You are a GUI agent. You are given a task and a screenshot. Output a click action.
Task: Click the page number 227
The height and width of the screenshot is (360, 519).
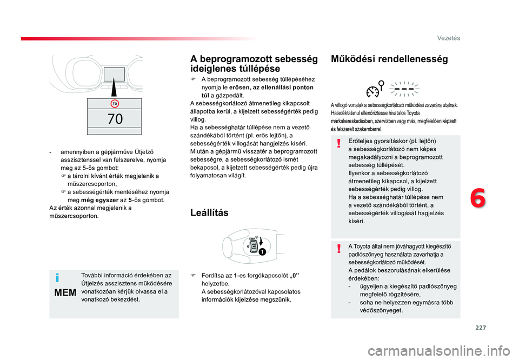[481, 328]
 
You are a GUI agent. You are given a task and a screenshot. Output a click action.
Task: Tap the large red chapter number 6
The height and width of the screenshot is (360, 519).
[478, 198]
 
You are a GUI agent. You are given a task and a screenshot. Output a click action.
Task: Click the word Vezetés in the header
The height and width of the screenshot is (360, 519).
[449, 38]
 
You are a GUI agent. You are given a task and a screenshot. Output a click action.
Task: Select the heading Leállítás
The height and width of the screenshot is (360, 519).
[209, 212]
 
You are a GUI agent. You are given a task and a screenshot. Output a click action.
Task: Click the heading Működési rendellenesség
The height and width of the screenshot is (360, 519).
[389, 59]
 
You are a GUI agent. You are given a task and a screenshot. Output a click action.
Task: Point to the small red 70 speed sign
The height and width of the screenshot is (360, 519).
[115, 104]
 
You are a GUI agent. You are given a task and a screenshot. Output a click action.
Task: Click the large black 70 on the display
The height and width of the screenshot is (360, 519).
[115, 119]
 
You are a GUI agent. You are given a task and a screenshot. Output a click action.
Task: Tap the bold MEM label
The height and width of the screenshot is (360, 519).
[65, 293]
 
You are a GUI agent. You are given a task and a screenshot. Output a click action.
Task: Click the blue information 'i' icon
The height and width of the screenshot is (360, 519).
[58, 278]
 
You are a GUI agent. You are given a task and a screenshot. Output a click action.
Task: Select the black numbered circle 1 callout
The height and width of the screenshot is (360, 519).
[262, 252]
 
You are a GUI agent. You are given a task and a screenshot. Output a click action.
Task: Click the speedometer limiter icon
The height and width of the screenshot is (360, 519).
[375, 89]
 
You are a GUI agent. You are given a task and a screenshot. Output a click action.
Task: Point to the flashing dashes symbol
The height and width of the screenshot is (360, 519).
[404, 89]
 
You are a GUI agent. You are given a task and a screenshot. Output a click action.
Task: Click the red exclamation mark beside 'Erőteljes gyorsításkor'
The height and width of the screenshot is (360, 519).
[338, 143]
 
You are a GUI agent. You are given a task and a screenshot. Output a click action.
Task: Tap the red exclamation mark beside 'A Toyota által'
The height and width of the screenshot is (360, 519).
[338, 249]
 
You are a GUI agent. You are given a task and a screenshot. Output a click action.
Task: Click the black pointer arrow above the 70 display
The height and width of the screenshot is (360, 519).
[114, 86]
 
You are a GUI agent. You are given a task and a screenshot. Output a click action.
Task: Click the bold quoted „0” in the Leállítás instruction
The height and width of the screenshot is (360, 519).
[294, 276]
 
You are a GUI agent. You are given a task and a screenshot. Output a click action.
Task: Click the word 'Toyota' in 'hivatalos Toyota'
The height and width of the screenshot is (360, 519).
[413, 113]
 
